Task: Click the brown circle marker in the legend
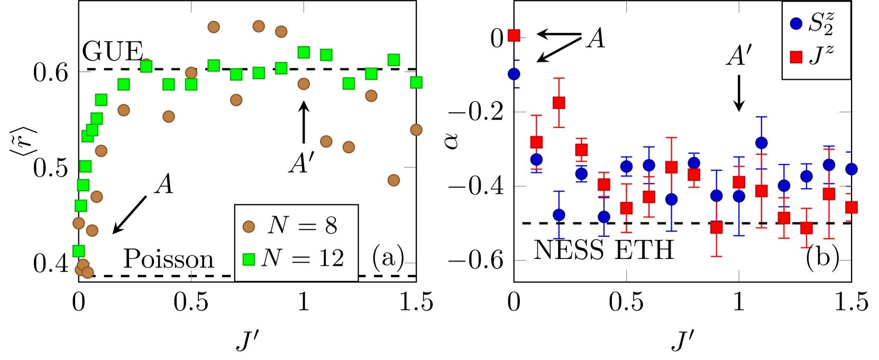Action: pos(249,227)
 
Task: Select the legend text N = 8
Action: pos(302,226)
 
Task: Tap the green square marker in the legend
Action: pos(249,259)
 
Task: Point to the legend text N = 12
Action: pos(302,259)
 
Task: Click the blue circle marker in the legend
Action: pos(796,24)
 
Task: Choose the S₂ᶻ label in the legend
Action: pos(821,24)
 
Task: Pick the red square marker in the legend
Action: pos(796,57)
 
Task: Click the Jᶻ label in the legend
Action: pos(821,55)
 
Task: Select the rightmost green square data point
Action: pos(416,82)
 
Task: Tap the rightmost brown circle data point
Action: pos(416,130)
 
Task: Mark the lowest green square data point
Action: pos(79,251)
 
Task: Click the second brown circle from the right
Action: pos(393,180)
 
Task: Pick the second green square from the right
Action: pos(393,60)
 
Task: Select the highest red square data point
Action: pos(514,35)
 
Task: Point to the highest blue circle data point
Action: pos(514,74)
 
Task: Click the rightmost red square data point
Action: pos(851,207)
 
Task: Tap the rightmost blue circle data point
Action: pos(851,169)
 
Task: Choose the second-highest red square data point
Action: pos(559,103)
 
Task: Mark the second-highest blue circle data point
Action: pos(762,143)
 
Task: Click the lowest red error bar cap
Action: pos(717,256)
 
